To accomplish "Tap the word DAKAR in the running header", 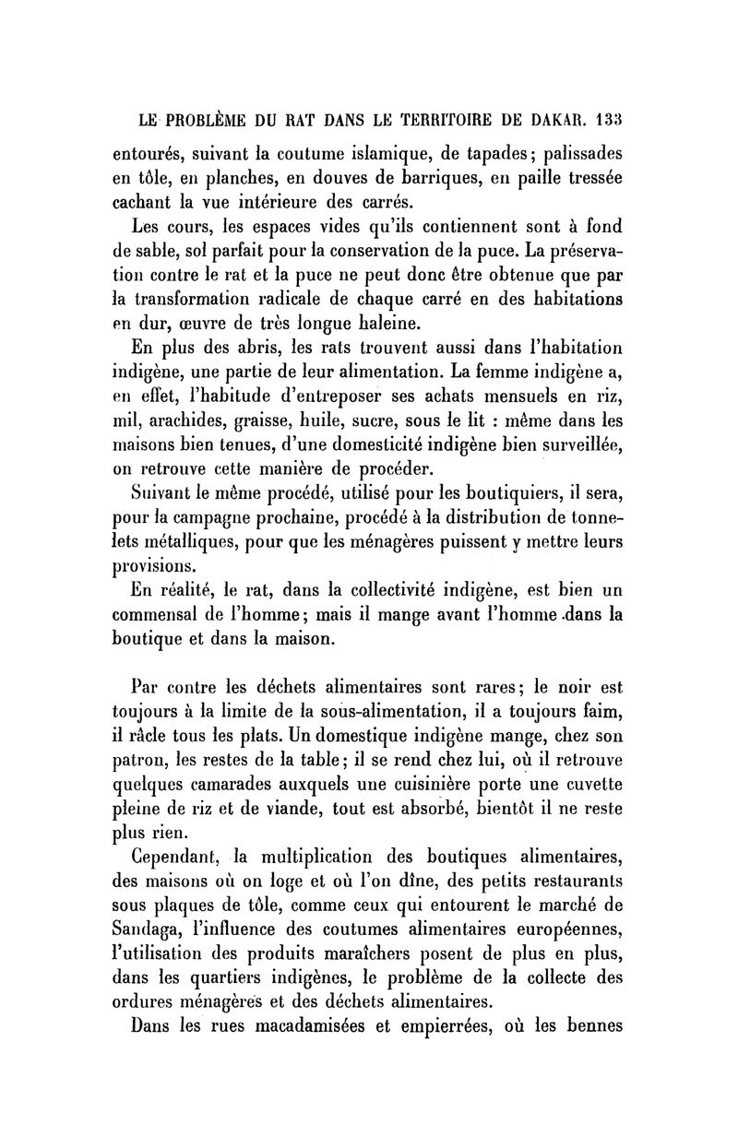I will (x=556, y=119).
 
